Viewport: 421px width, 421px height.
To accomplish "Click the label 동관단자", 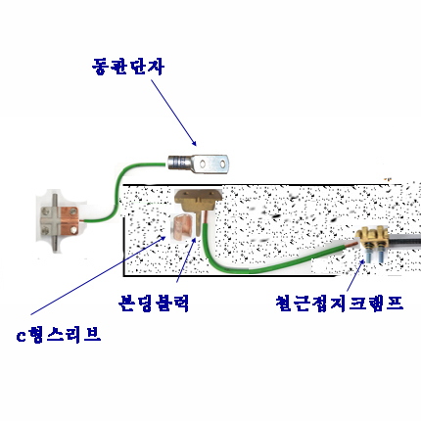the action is (127, 67).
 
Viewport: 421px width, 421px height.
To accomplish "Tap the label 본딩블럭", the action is (154, 304).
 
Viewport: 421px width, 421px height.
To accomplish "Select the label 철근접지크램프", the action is (340, 304).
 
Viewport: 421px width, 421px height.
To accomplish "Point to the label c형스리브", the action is (59, 335).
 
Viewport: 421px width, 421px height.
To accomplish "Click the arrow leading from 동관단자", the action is (173, 113).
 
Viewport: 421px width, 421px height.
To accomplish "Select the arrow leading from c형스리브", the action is (99, 276).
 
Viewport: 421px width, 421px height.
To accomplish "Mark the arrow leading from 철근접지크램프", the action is (355, 275).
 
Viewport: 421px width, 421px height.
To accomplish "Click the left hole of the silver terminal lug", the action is (203, 164).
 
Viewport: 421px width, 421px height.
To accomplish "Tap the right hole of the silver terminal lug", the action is (222, 164).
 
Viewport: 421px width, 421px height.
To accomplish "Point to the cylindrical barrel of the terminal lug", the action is (179, 163).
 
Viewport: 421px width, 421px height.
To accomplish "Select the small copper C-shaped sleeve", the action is (183, 227).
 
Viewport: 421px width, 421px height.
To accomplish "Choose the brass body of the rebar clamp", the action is (372, 236).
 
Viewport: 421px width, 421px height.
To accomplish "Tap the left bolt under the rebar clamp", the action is (369, 254).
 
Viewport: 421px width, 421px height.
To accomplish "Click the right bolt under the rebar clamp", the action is (381, 254).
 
